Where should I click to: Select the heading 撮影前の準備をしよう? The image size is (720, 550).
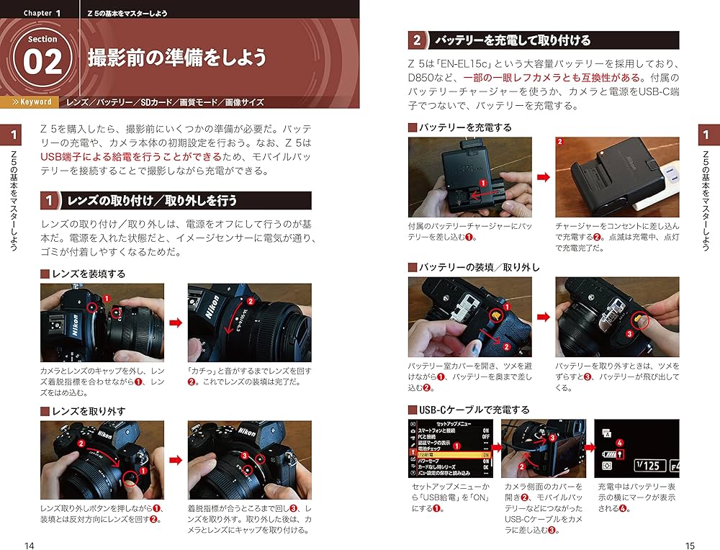point(177,58)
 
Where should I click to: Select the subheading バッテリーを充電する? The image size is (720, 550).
point(465,127)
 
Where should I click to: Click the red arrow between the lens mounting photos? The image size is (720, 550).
point(176,322)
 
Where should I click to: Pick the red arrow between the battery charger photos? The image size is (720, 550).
point(544,177)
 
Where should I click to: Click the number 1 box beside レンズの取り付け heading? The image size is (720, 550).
point(50,200)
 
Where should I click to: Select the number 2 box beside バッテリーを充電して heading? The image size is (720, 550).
point(417,40)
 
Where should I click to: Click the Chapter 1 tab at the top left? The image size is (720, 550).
point(42,13)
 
